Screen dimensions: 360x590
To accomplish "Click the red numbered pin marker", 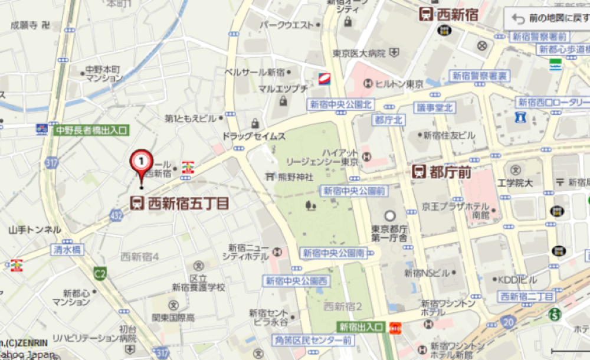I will click(x=142, y=161).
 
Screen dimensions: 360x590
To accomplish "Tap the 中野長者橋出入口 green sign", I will click(x=91, y=129).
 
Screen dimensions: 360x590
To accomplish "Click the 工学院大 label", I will click(x=515, y=183).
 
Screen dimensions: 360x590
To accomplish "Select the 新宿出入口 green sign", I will click(x=361, y=326).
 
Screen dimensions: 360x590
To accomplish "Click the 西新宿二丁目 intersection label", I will click(x=526, y=296).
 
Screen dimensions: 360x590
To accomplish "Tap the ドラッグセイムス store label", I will click(x=254, y=136).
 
